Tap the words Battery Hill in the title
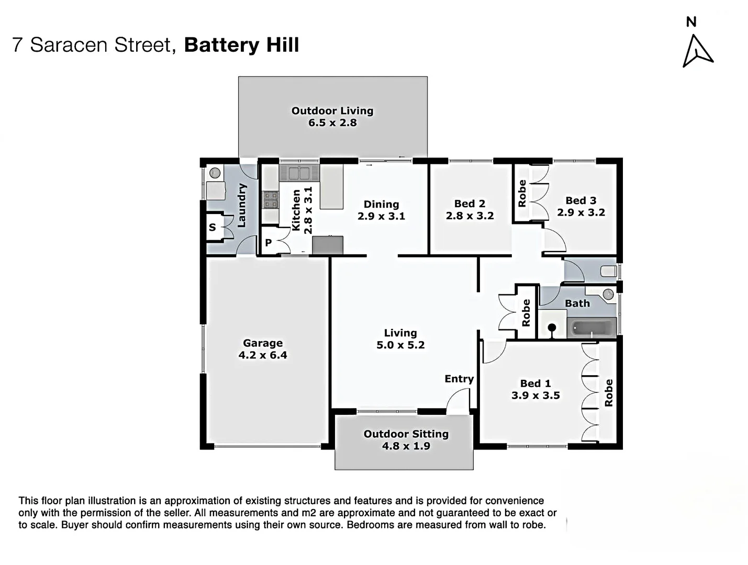241,45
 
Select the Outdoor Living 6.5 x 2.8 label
332,117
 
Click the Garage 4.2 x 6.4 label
263,349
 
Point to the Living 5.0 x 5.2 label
400,339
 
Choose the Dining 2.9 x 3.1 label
381,210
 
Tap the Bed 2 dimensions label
470,210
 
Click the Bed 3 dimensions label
580,207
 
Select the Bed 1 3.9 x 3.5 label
535,390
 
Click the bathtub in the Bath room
591,329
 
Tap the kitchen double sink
298,173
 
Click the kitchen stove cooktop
270,200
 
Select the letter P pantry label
268,243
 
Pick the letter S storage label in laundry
212,227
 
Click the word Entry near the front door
459,379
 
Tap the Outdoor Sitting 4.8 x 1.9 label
406,440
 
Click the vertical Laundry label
241,205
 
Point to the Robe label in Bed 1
608,393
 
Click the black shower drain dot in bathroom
552,327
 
